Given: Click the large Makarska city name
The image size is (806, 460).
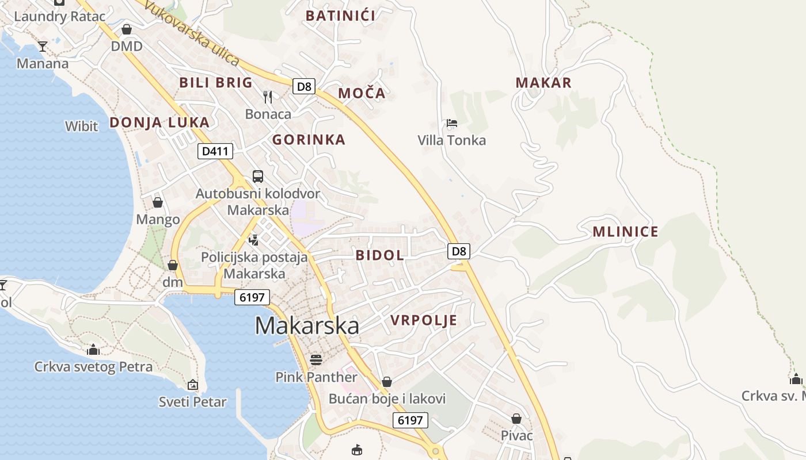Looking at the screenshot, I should pos(307,325).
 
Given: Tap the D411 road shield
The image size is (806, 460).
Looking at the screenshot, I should pos(216,151).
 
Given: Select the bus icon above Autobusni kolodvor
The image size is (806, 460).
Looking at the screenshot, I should pos(258,177).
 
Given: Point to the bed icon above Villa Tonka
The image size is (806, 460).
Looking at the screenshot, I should pos(452,123).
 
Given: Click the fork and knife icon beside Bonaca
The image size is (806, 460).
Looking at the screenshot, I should pos(268,97).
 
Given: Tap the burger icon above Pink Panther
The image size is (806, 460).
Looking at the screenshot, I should pos(315,360).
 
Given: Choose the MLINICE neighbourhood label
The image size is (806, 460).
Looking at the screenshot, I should pos(625,232).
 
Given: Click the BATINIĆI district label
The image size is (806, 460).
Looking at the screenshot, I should pos(340,16).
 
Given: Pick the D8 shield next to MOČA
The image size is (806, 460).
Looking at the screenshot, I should pos(304,87).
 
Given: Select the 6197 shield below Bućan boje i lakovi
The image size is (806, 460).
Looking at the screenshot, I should pos(410,420).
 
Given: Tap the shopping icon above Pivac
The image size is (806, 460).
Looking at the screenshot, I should pos(516,419).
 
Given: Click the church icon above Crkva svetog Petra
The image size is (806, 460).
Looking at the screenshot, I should pos(93,350).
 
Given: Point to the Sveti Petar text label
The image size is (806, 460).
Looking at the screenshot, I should pos(193,402).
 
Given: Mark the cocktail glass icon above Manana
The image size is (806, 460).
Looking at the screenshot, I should pos(43,47).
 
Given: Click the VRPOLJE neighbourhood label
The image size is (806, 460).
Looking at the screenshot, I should pos(424,320).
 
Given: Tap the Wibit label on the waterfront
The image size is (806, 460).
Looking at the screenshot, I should pos(82,126).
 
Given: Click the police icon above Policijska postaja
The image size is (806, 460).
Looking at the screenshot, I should pos(253,239).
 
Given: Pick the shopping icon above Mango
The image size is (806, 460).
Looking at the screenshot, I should pos(158,202).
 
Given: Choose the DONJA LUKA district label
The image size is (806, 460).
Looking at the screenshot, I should pos(159,122).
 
